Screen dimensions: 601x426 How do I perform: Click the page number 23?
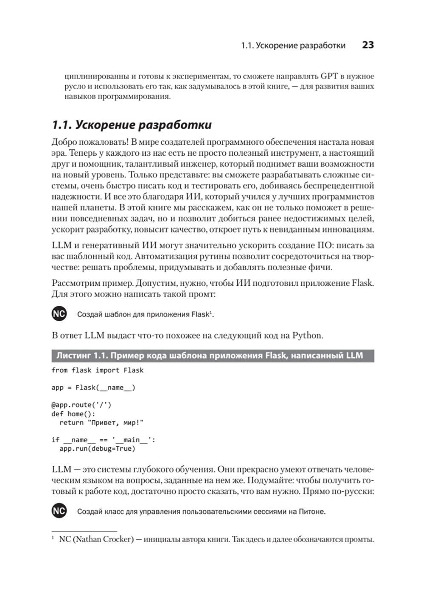(368, 45)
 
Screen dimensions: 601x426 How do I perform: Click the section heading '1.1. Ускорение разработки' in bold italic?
(132, 125)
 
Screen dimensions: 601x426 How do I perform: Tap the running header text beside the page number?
(293, 46)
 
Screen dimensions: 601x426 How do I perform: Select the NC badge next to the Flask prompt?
(59, 314)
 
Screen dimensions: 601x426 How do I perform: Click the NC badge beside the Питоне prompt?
(59, 511)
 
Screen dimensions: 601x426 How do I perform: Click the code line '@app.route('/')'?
(81, 405)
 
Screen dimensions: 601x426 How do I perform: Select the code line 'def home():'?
(73, 414)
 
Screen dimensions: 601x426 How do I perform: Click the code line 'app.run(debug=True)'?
(97, 449)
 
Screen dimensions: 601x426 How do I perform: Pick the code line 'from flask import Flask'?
(98, 370)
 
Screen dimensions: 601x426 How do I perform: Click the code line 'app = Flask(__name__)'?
(93, 387)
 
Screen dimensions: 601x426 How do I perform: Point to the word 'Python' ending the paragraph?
(307, 335)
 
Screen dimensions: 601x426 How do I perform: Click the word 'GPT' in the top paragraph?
(329, 77)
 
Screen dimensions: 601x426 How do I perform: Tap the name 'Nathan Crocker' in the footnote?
(102, 539)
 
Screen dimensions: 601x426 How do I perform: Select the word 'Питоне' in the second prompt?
(312, 512)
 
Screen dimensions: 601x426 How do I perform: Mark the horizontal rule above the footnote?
(84, 531)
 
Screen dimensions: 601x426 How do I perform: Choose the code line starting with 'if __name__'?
(104, 440)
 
